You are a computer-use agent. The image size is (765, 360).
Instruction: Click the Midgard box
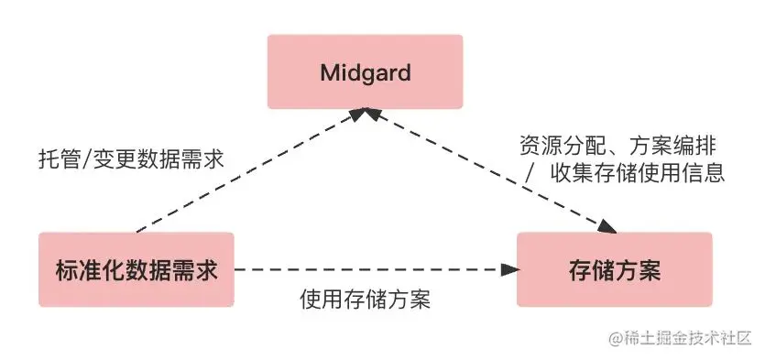point(365,71)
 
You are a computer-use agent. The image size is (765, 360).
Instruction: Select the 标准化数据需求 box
point(136,269)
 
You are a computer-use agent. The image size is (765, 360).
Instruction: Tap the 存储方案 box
point(614,269)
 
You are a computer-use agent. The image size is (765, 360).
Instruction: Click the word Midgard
point(365,72)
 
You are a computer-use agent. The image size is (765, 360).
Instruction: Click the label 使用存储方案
point(366,300)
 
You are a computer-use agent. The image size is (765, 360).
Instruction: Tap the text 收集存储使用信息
point(638,172)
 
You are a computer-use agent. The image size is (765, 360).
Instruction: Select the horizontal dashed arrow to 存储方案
point(366,269)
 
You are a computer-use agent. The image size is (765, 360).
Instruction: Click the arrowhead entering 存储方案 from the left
point(510,269)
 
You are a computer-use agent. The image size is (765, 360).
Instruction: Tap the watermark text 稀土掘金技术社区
point(687,337)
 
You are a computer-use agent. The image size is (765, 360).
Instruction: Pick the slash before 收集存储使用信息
point(530,172)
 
